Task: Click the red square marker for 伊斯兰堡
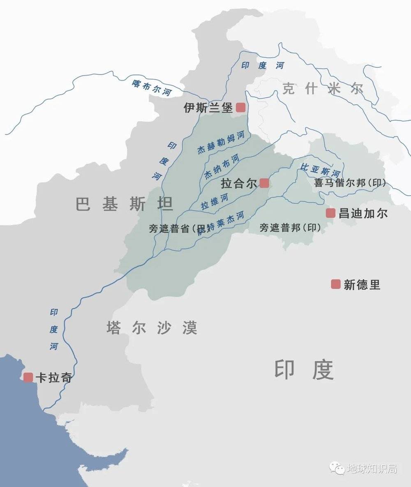tap(240, 108)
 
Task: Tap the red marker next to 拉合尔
tap(264, 183)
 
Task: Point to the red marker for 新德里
tap(336, 284)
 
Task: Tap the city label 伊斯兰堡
tap(208, 108)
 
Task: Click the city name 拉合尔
tap(239, 183)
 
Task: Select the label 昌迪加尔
tap(363, 213)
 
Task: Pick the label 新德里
tap(362, 285)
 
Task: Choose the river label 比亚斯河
tap(321, 169)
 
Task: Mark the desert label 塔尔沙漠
tap(152, 328)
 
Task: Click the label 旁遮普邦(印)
tap(290, 227)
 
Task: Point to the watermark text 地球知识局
tap(372, 469)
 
